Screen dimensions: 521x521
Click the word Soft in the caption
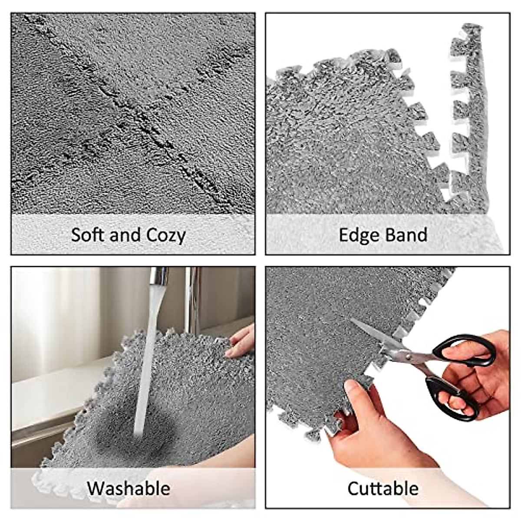(x=88, y=235)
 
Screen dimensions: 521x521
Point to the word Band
(x=407, y=235)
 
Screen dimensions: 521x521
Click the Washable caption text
(x=129, y=488)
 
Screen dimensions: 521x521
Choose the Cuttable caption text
(x=383, y=488)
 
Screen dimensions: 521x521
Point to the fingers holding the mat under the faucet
(x=241, y=341)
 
